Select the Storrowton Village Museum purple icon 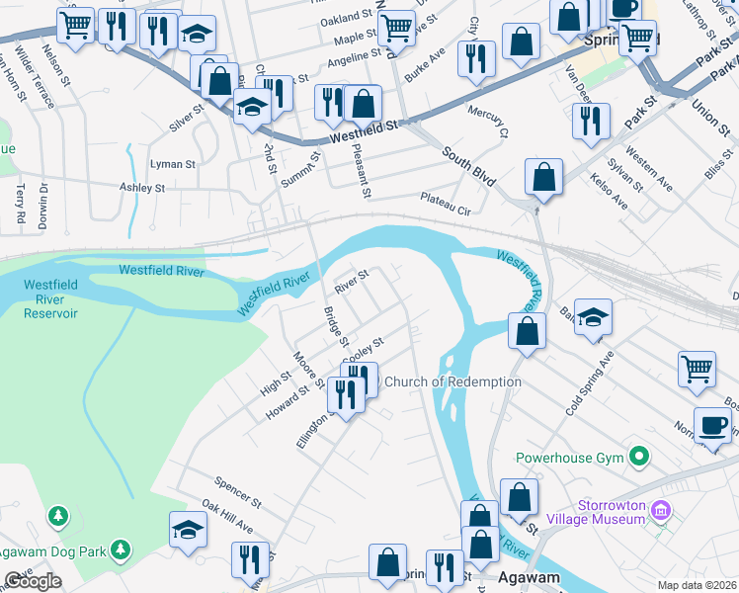pos(661,510)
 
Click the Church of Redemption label pos(452,382)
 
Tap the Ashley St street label pos(142,187)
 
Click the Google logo pos(33,581)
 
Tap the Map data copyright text pos(697,585)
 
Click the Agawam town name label pos(529,578)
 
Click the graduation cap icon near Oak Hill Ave pos(188,530)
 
